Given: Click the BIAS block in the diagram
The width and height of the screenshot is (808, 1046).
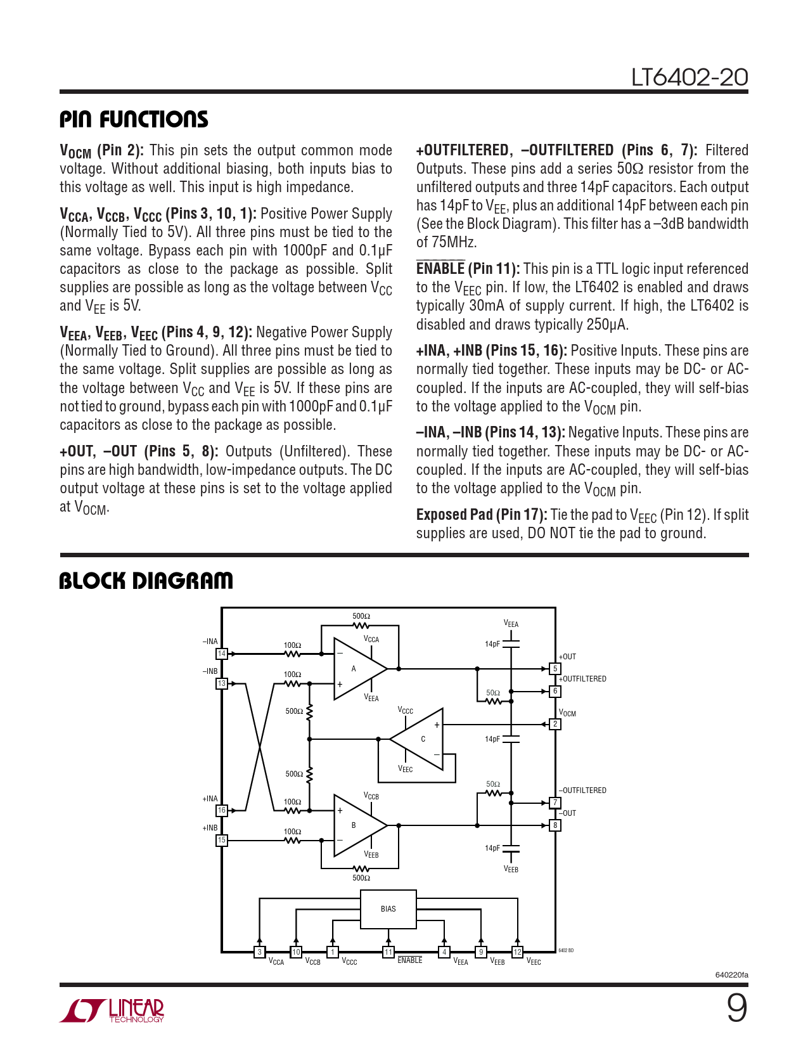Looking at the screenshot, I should click(388, 909).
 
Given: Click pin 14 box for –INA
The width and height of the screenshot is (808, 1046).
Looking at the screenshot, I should click(222, 654).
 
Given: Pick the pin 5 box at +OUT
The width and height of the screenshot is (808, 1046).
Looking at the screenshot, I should click(555, 669).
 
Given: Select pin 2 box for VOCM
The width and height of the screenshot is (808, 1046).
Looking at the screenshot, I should click(555, 724).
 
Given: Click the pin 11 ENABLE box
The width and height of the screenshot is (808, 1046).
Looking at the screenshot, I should click(388, 952).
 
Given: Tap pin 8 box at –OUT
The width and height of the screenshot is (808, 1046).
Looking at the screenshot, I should click(555, 825).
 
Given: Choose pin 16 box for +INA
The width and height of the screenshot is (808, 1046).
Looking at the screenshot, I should click(222, 810).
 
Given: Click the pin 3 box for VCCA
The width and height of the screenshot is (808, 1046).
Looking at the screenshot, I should click(259, 952).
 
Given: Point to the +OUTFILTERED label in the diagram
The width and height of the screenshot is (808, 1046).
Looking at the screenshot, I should click(582, 679).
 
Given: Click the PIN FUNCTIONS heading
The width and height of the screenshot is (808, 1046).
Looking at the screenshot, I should click(134, 119).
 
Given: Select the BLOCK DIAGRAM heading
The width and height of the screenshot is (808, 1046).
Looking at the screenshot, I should click(146, 581).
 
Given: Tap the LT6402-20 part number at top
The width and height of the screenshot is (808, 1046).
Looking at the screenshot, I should click(689, 77).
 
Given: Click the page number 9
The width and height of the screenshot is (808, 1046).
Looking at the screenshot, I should click(736, 1008).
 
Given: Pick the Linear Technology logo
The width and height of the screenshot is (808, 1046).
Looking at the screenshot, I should click(112, 1010).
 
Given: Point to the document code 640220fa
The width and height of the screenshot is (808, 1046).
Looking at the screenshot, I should click(731, 975).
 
